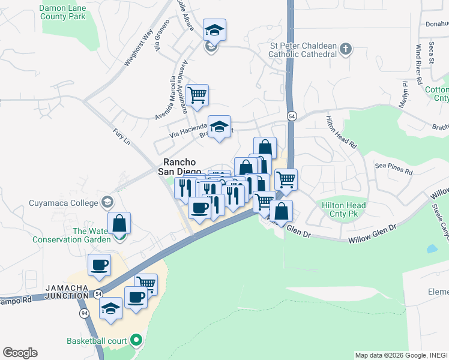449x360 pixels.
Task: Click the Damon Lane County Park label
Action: point(62,12)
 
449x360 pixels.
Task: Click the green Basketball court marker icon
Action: point(136,341)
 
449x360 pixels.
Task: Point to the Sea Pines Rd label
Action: point(394,167)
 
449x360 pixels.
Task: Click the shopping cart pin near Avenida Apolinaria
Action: point(197,95)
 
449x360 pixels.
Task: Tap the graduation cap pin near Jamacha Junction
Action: point(110,309)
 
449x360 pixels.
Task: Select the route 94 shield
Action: point(84,313)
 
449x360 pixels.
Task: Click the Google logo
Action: point(20,353)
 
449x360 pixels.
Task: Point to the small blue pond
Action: point(432,248)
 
